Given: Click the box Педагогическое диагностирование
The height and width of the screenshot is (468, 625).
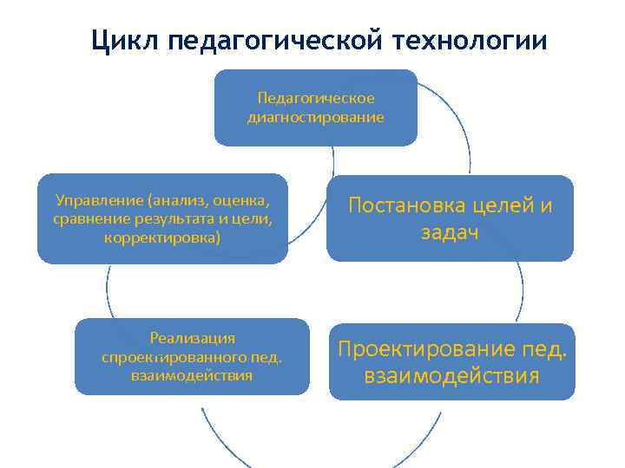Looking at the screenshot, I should coord(315,107).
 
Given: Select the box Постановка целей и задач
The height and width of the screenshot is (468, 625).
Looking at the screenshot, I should coord(450,218).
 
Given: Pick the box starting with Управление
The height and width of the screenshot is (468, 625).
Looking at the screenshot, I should coord(162,218).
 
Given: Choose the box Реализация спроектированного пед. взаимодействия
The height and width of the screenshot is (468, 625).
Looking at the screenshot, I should coord(192,356).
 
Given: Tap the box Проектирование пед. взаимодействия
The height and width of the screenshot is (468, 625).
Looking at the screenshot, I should coord(451,361).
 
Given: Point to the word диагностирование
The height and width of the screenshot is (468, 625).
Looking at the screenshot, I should coord(315,117).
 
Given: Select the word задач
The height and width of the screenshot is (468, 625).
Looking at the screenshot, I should coord(450,232).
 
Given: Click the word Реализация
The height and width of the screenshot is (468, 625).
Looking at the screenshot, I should coord(192,338).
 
